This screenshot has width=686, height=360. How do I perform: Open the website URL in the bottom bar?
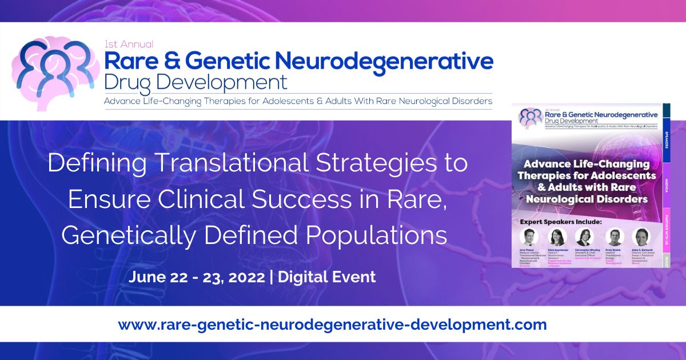pyautogui.click(x=332, y=325)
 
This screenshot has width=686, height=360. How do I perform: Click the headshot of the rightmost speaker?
pyautogui.click(x=640, y=236)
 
